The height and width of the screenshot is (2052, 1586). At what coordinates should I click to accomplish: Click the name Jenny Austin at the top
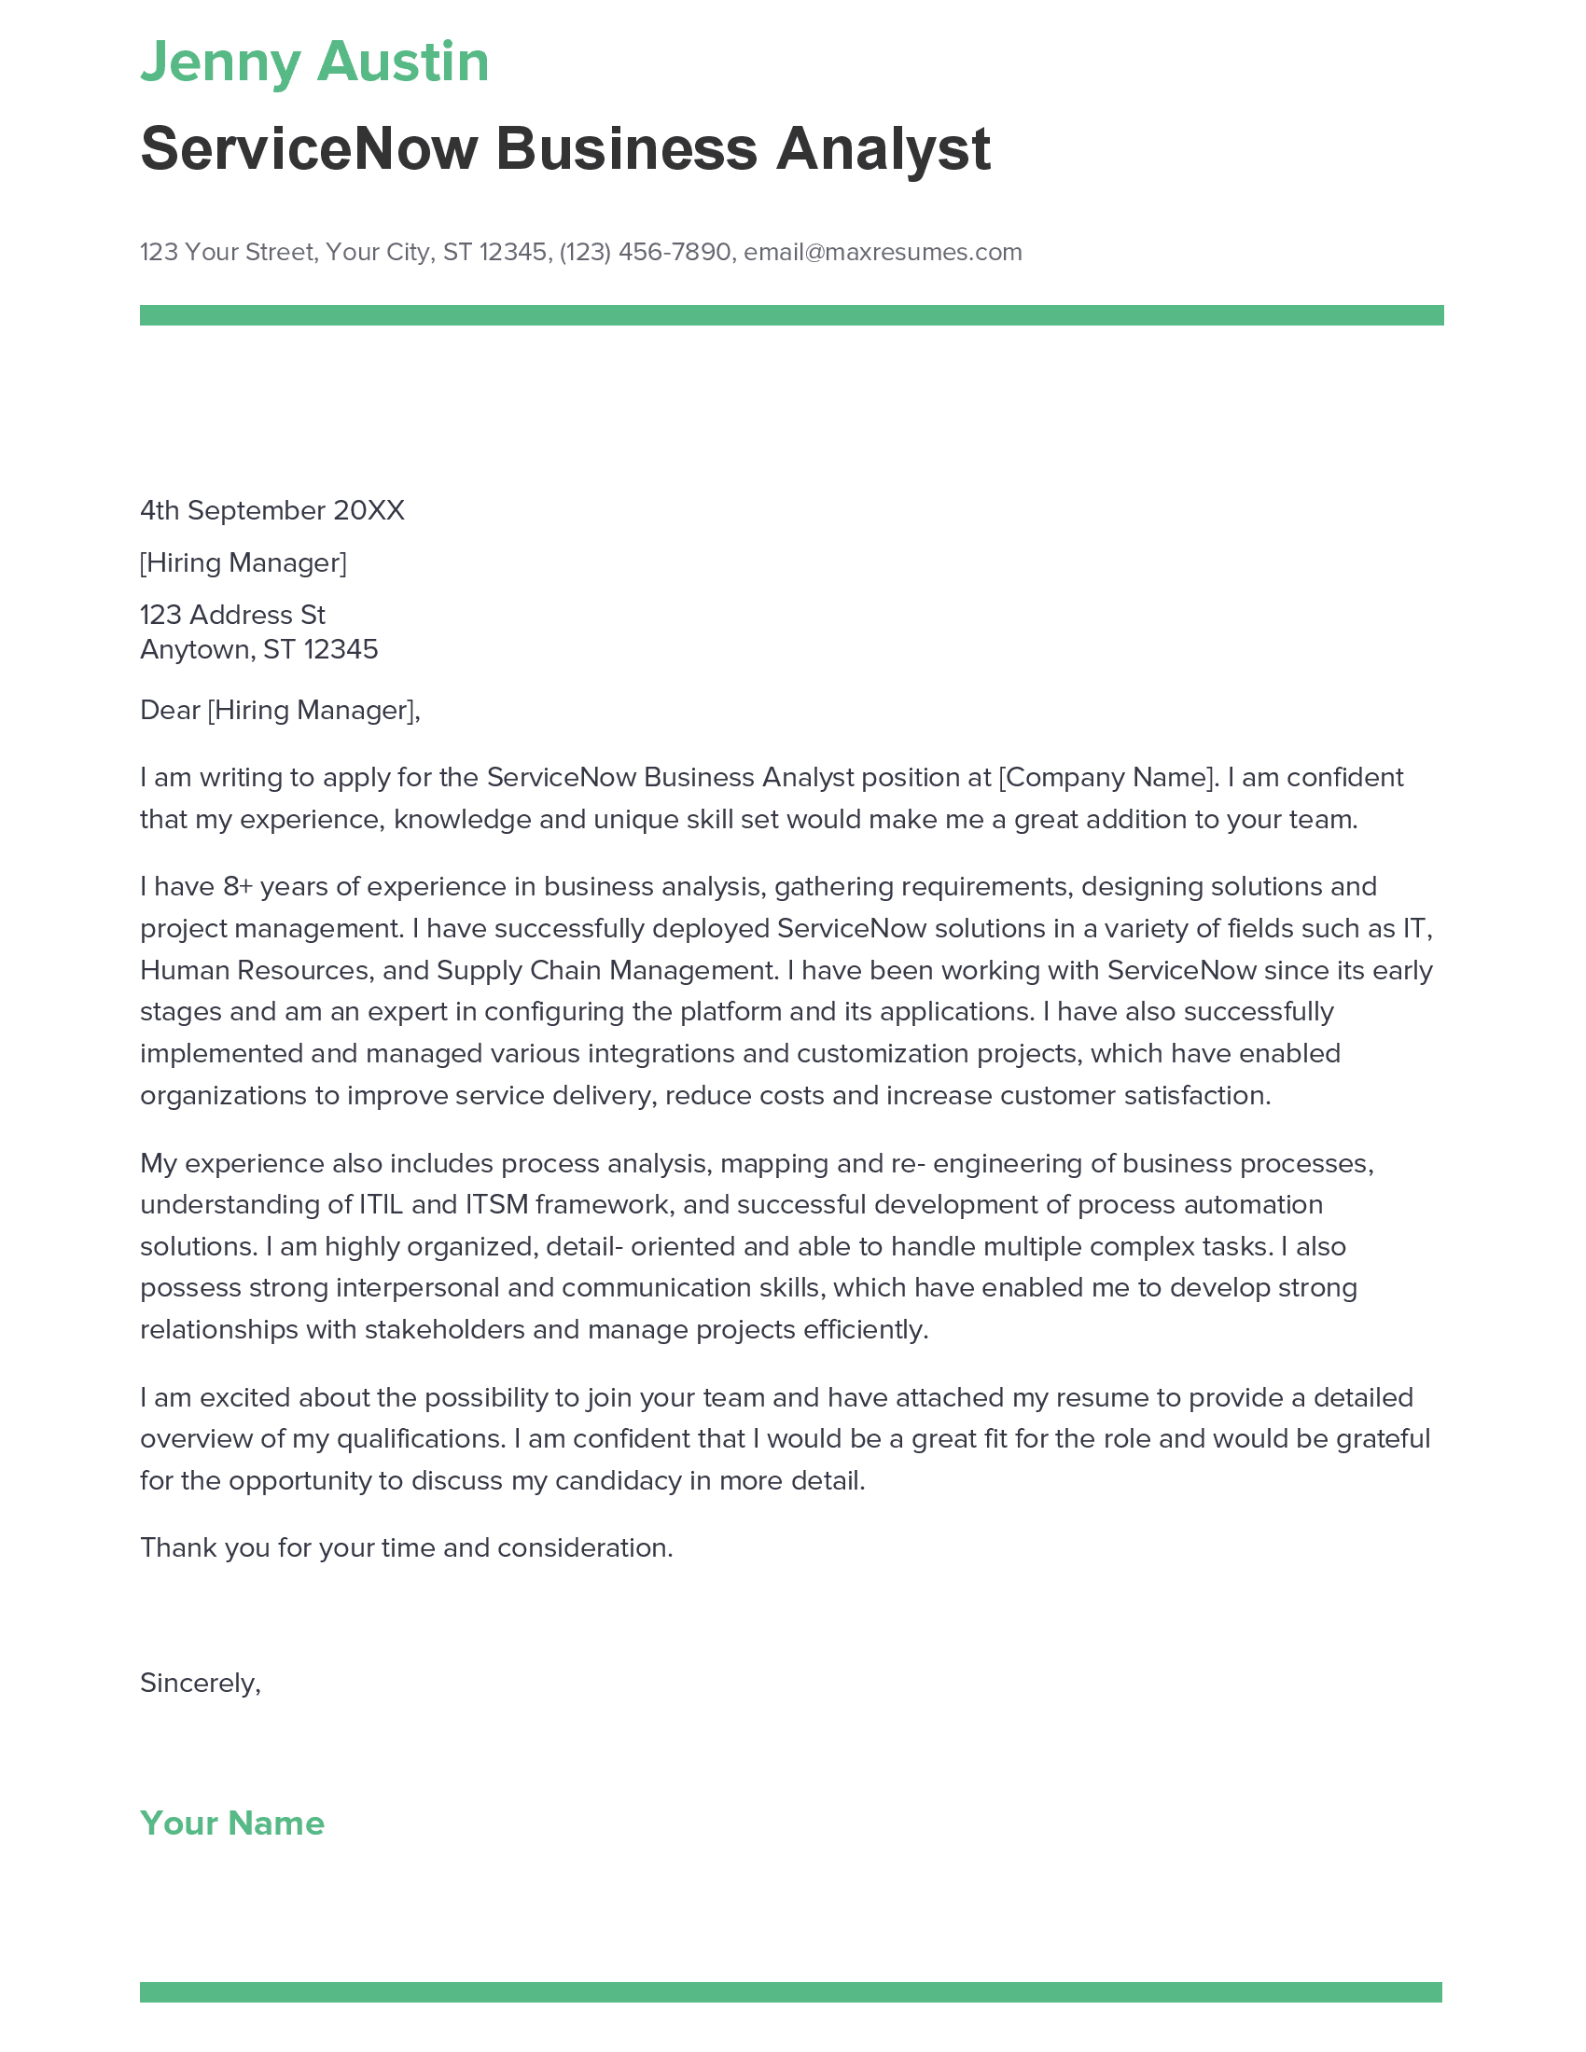[313, 62]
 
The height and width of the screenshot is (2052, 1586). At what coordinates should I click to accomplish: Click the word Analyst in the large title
[883, 149]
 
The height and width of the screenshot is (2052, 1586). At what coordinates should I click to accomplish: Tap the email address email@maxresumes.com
[883, 252]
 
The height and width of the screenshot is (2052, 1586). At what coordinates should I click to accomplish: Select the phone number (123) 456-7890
[645, 252]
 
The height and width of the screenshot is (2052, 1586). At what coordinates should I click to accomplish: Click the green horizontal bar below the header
[791, 314]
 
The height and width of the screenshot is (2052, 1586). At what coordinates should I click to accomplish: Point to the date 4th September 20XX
[271, 510]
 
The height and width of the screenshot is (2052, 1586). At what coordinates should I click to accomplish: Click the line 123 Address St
[232, 615]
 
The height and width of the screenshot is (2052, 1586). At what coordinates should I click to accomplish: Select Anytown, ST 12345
[258, 649]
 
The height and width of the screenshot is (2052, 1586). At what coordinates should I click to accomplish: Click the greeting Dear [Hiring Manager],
[279, 710]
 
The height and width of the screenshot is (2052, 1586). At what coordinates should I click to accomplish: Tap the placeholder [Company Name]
[1107, 777]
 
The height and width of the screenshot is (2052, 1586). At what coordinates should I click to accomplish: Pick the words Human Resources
[254, 970]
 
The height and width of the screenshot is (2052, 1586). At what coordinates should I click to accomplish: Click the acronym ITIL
[382, 1203]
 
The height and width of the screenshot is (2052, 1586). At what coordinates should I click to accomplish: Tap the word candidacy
[619, 1480]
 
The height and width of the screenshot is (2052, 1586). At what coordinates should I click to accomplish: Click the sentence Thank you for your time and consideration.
[406, 1547]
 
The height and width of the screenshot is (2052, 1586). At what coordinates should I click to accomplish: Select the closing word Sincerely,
[201, 1683]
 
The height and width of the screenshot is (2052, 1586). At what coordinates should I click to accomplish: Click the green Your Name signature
[232, 1823]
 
